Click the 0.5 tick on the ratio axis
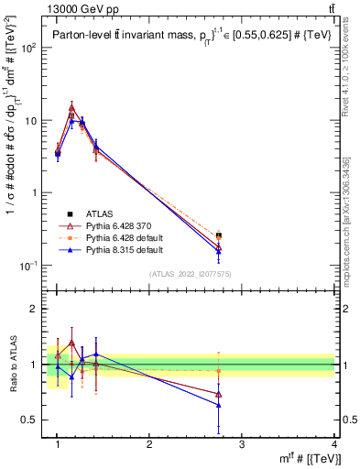(31, 420)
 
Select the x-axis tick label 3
(242, 444)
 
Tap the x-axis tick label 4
(334, 444)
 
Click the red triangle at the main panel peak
(71, 107)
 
